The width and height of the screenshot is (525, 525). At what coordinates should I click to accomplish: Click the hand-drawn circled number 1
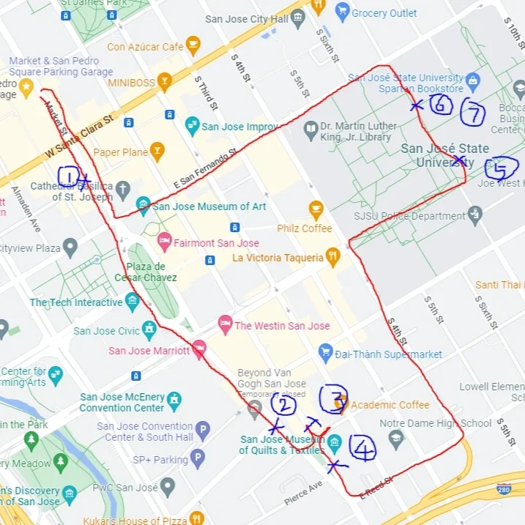(x=68, y=176)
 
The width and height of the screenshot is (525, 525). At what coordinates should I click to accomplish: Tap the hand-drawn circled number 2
(x=283, y=403)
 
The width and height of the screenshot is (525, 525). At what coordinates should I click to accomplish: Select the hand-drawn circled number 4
(x=362, y=447)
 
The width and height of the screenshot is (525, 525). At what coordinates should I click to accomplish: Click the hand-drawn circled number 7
(x=473, y=113)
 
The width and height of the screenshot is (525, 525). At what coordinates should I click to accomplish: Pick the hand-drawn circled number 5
(x=500, y=169)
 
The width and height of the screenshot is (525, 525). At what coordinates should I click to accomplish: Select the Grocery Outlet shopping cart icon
(x=341, y=12)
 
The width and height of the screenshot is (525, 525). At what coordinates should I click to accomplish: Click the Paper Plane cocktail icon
(x=157, y=152)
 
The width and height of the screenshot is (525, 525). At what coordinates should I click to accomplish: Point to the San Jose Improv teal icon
(x=192, y=126)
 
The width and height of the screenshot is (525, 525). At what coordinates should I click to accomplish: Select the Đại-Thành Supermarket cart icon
(x=326, y=354)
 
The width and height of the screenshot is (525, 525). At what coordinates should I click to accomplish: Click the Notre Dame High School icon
(x=396, y=438)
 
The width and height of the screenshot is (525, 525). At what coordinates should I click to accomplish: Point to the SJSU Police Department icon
(x=475, y=215)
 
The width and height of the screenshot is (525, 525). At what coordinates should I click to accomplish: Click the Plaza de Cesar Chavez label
(x=145, y=272)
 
